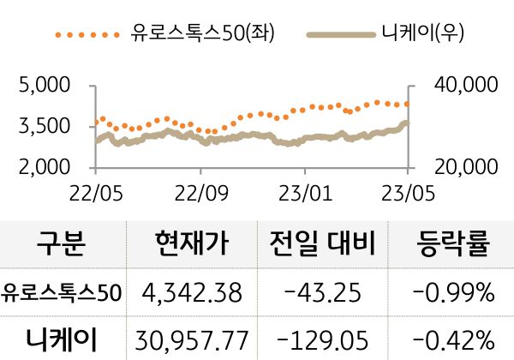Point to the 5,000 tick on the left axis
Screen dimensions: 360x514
coord(43,87)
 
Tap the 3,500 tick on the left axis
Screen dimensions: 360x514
coord(43,126)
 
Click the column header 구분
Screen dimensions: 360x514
coord(61,245)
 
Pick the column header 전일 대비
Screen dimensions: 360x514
coord(321,245)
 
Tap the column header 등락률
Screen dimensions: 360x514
coord(453,245)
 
